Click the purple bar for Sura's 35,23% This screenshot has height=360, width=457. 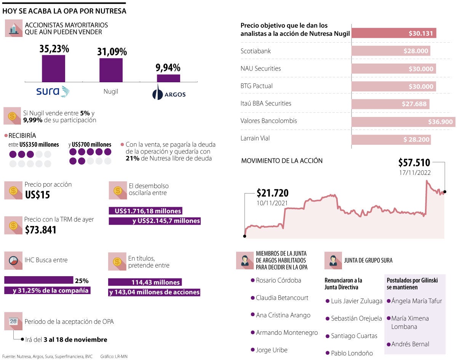[53, 69]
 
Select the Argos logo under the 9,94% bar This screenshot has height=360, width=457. [169, 94]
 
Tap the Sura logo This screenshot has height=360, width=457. [53, 91]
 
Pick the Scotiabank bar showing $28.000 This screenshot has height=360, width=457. [391, 51]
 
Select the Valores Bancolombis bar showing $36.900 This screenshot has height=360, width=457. [403, 122]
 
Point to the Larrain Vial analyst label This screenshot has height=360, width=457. [255, 138]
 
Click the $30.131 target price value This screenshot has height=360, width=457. [420, 34]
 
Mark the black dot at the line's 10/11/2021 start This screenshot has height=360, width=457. [244, 236]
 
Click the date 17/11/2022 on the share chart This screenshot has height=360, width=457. [415, 173]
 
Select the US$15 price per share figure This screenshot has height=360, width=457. [37, 195]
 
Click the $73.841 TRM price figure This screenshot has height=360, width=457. [40, 230]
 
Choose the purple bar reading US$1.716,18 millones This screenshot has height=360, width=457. [145, 211]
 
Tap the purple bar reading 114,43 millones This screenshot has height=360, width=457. [145, 282]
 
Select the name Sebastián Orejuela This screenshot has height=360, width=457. [356, 318]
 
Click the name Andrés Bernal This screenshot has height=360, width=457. [410, 344]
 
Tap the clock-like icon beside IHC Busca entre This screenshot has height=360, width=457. [13, 261]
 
